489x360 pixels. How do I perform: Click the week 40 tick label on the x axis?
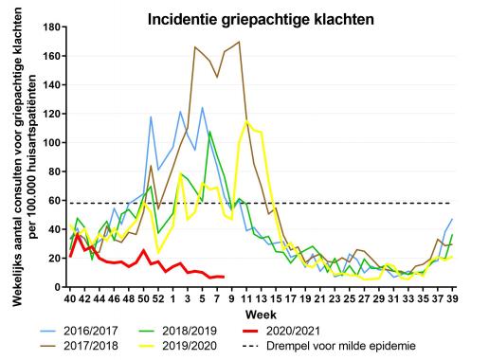coord(70,298)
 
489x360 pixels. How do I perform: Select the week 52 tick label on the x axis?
coord(157,298)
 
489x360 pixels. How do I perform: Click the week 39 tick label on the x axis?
coord(452,298)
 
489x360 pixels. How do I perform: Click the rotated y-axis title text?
coord(22,157)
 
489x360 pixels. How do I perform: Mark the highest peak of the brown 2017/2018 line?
coord(239,42)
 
